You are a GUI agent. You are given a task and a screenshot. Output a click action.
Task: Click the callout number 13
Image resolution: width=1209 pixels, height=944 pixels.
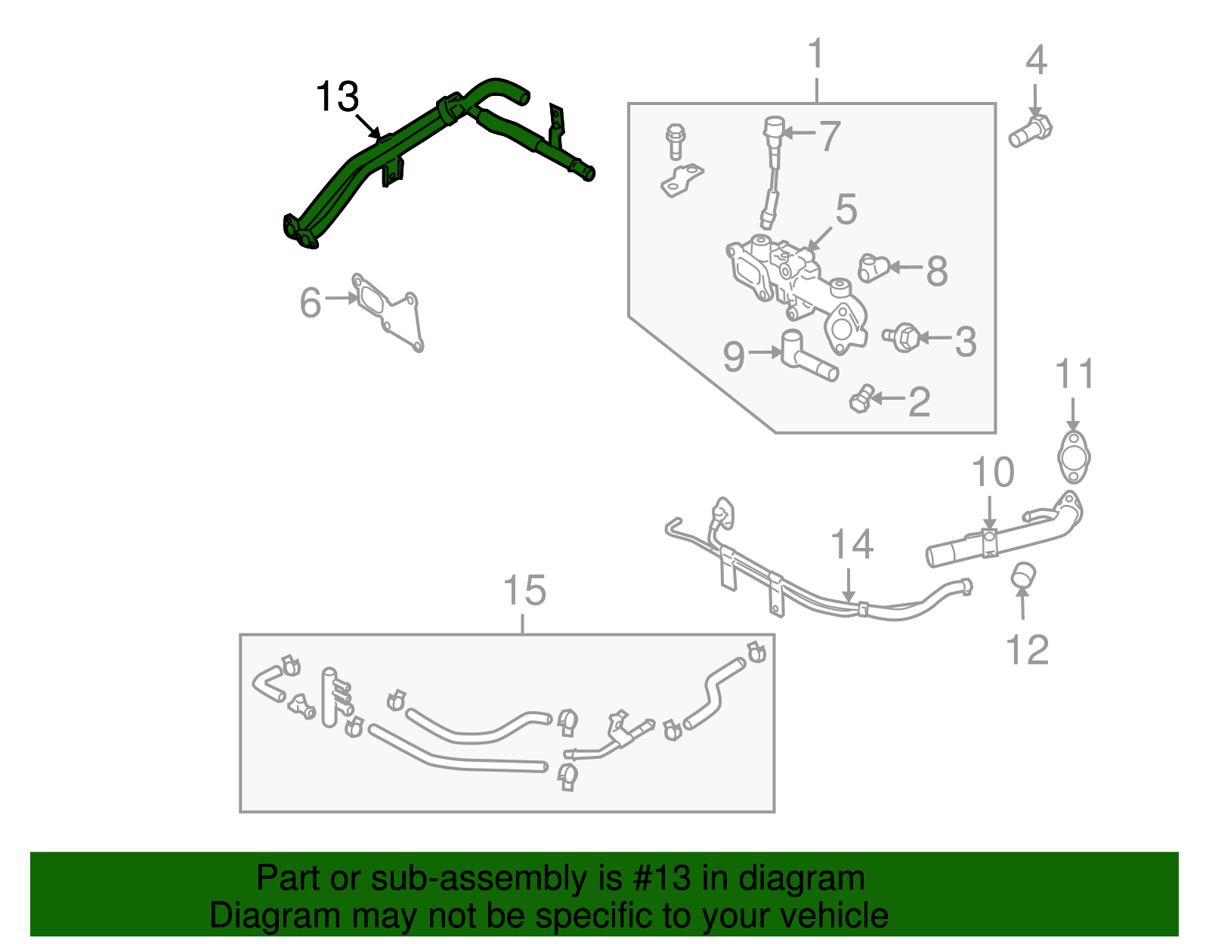[x=336, y=97]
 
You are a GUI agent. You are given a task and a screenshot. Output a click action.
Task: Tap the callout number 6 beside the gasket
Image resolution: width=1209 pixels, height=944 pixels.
[x=311, y=302]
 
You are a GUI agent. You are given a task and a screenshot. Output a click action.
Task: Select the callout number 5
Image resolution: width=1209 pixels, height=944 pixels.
[x=846, y=209]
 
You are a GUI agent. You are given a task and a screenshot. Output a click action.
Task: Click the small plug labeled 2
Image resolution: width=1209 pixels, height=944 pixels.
[x=861, y=398]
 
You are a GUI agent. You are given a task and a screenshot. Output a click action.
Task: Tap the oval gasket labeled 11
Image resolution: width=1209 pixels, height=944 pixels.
[x=1073, y=457]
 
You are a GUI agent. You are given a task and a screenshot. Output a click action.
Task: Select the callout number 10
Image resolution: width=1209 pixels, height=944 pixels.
[x=992, y=473]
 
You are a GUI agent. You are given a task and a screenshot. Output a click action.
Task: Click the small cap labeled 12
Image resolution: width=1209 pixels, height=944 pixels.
[x=1022, y=575]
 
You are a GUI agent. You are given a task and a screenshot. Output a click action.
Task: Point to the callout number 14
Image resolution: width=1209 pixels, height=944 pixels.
[x=852, y=545]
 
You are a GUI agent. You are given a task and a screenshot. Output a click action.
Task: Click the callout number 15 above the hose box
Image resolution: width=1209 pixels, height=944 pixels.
[x=524, y=590]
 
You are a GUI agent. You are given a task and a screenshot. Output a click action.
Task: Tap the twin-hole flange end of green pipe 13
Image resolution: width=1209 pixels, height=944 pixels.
[x=298, y=232]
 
